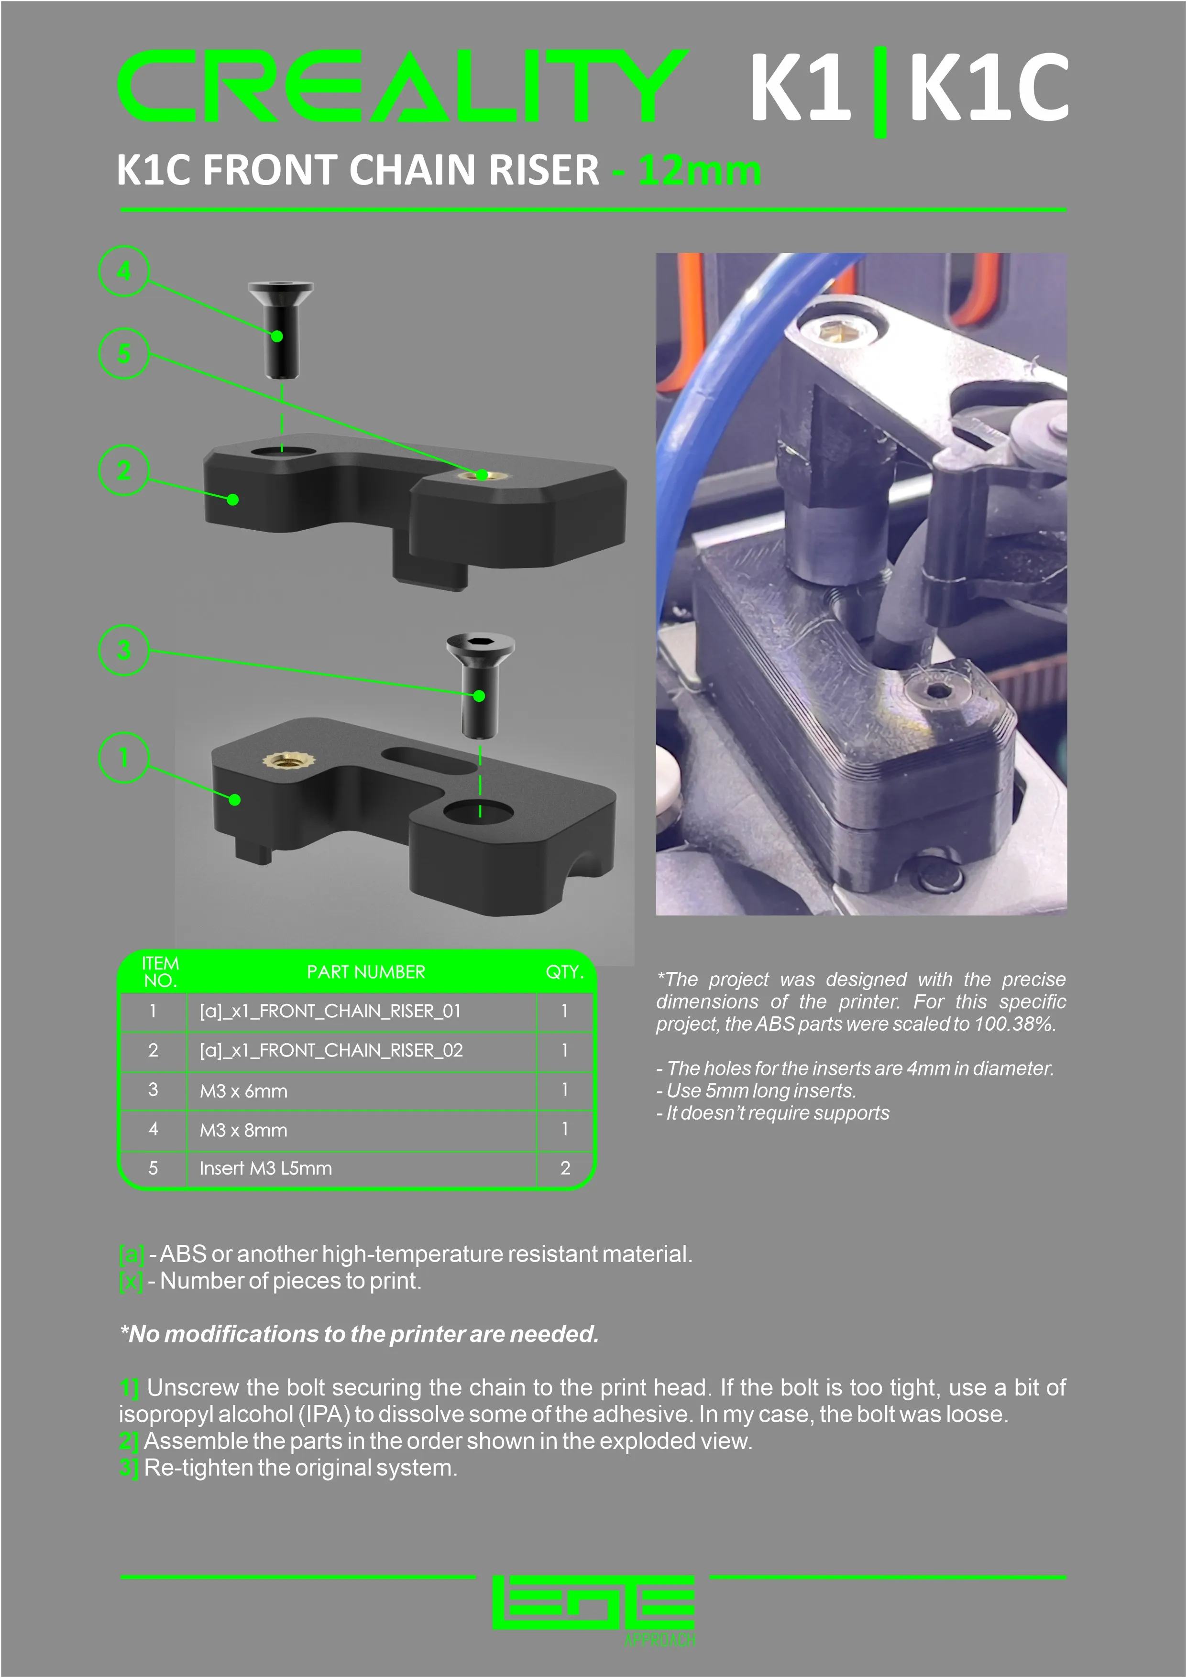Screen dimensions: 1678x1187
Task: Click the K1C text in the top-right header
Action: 988,87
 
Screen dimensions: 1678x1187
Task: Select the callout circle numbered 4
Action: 124,271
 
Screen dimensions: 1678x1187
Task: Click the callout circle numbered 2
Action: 124,470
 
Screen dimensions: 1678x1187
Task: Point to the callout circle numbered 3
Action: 124,650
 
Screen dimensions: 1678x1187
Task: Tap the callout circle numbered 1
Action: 124,757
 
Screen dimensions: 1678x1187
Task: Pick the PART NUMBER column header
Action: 365,972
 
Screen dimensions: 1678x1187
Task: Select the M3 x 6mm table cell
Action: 243,1091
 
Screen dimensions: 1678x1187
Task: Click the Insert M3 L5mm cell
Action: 265,1168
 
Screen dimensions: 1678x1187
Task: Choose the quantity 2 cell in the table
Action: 565,1168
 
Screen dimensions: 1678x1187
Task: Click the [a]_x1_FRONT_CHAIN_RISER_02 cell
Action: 331,1050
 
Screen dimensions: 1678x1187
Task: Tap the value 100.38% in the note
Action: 1014,1024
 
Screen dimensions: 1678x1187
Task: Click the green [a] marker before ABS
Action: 132,1254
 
